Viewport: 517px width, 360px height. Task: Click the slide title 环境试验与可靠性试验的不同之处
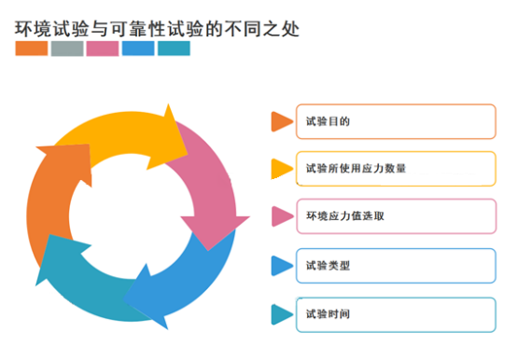tap(157, 29)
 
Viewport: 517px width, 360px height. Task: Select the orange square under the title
tap(32, 48)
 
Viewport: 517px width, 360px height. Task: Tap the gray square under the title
tap(67, 48)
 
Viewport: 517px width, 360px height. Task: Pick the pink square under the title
tap(103, 48)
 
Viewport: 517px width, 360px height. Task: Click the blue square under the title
tap(138, 48)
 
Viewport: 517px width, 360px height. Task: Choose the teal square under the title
tap(174, 48)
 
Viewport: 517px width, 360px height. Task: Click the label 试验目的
tap(328, 121)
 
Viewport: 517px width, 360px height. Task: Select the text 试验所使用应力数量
tap(356, 169)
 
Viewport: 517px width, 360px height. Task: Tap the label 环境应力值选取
tap(345, 216)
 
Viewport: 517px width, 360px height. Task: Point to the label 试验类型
tap(328, 266)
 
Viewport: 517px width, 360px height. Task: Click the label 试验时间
tap(328, 314)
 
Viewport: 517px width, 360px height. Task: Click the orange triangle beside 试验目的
tap(281, 121)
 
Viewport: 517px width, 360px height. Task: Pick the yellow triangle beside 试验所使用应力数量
tap(281, 169)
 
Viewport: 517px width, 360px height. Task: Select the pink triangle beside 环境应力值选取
tap(282, 216)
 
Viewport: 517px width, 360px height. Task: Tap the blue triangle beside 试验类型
tap(281, 266)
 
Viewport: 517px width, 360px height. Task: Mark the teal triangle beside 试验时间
tap(281, 314)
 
